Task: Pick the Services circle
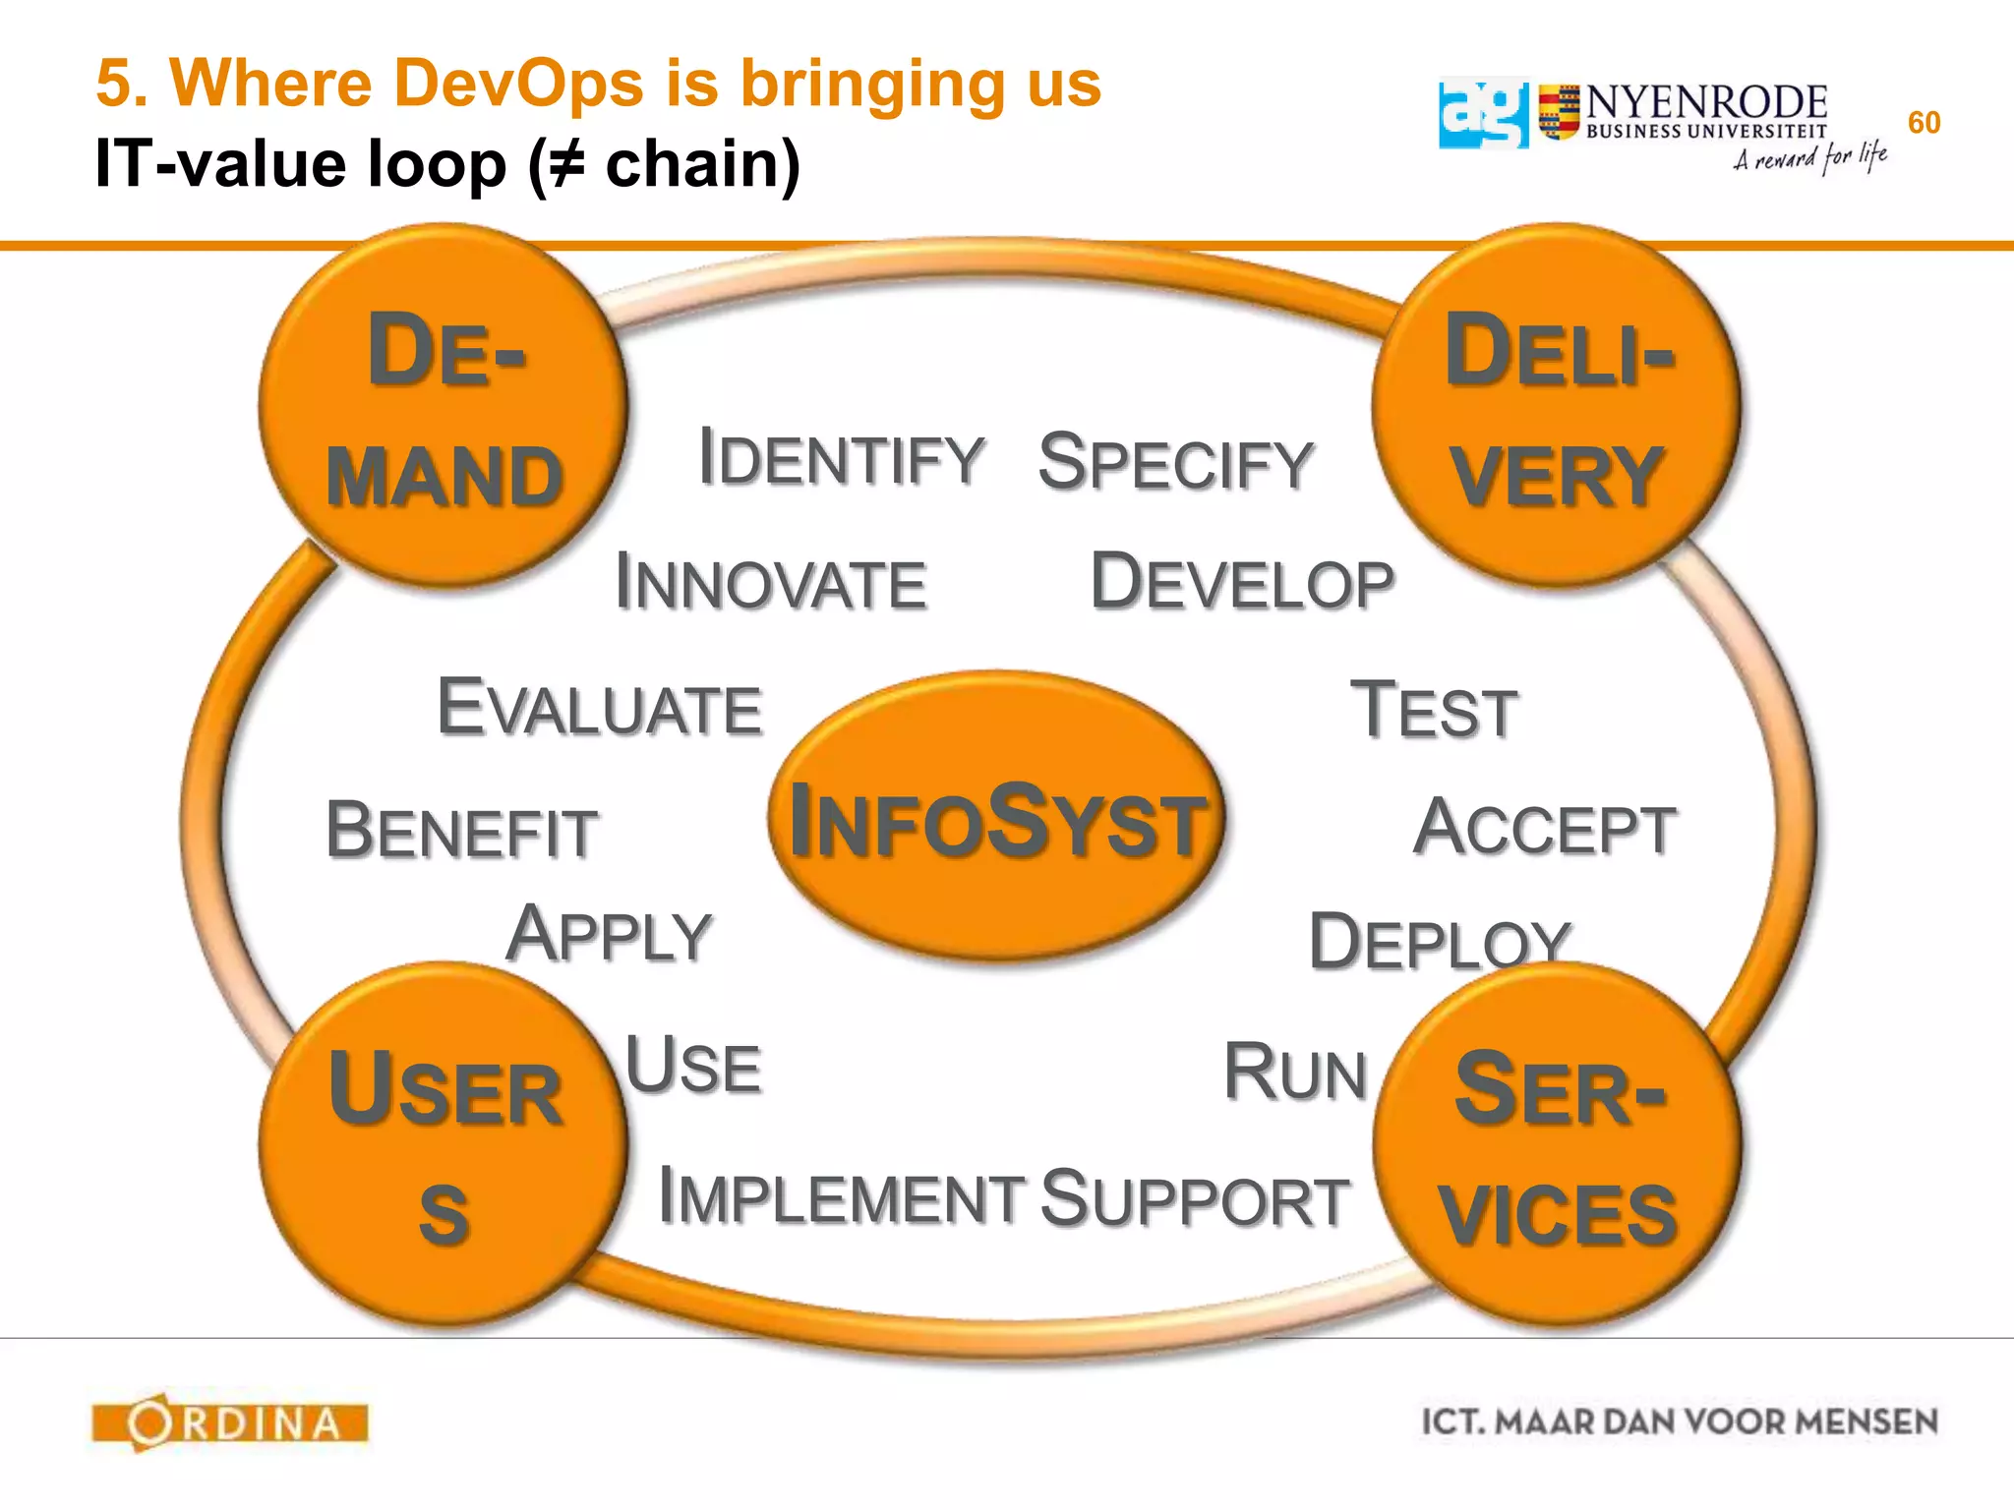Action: tap(1557, 1145)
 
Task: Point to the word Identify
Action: tap(841, 458)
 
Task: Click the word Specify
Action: tap(1175, 463)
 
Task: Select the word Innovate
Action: tap(771, 582)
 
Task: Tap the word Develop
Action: tap(1242, 582)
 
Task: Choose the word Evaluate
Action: tap(600, 708)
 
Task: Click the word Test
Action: tap(1434, 711)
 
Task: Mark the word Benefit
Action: tap(461, 832)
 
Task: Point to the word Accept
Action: tap(1544, 829)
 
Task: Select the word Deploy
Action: tap(1440, 941)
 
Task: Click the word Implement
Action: tap(841, 1197)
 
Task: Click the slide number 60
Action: tap(1924, 123)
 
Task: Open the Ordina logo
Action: tap(230, 1423)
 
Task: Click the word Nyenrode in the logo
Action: tap(1706, 102)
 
